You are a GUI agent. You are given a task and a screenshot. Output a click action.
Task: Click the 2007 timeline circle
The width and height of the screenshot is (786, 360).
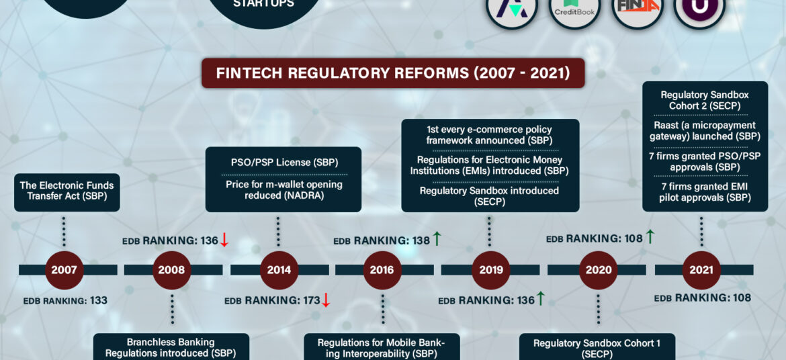pyautogui.click(x=64, y=270)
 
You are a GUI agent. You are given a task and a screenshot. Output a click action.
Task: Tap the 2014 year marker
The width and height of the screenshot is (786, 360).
pyautogui.click(x=279, y=270)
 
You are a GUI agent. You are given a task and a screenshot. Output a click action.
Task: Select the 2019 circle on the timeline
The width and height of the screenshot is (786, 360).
pyautogui.click(x=491, y=270)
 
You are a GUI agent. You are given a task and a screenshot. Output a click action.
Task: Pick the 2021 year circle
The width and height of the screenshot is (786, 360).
pyautogui.click(x=701, y=270)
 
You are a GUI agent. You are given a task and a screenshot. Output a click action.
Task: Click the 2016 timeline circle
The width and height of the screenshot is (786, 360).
pyautogui.click(x=382, y=270)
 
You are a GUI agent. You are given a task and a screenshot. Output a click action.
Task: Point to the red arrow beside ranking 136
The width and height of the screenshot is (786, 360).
pyautogui.click(x=224, y=240)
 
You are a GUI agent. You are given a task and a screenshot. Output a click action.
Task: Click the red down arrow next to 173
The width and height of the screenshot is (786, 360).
pyautogui.click(x=326, y=300)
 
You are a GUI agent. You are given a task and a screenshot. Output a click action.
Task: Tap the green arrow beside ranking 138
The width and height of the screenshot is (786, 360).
pyautogui.click(x=437, y=239)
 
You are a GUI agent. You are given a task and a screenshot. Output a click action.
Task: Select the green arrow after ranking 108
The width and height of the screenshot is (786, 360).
pyautogui.click(x=650, y=236)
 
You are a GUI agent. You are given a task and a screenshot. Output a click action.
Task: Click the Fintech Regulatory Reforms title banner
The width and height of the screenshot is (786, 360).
pyautogui.click(x=393, y=73)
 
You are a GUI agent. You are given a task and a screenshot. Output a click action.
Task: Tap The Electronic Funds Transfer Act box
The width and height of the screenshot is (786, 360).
pyautogui.click(x=67, y=192)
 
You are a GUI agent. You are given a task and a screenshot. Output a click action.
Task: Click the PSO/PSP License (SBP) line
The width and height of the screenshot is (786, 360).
pyautogui.click(x=284, y=163)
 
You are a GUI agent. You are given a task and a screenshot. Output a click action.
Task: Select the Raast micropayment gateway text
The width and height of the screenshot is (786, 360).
pyautogui.click(x=705, y=130)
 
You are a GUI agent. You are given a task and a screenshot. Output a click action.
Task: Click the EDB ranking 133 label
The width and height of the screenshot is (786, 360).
pyautogui.click(x=65, y=301)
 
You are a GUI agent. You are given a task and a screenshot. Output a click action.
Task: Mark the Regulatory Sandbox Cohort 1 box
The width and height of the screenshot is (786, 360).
pyautogui.click(x=597, y=347)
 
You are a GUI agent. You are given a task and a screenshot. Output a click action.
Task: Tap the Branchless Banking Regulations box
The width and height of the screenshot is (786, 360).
pyautogui.click(x=171, y=347)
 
